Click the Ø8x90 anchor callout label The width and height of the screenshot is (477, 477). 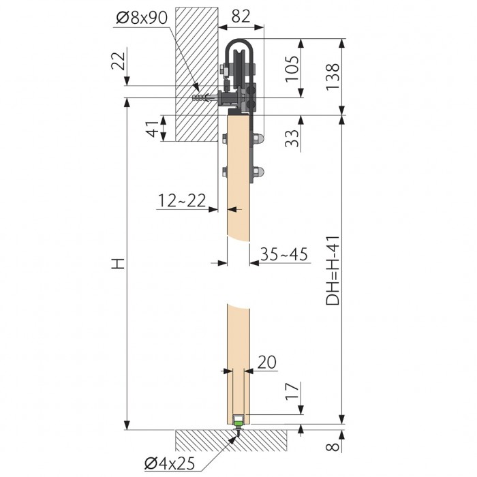(142, 18)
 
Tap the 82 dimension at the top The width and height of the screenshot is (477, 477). (241, 16)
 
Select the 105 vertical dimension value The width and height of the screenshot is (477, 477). (292, 69)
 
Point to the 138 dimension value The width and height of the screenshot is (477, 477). (333, 76)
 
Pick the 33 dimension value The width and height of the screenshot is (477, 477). (292, 138)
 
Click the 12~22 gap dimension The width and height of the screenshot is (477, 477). (182, 200)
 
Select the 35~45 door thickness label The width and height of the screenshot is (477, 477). (284, 254)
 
